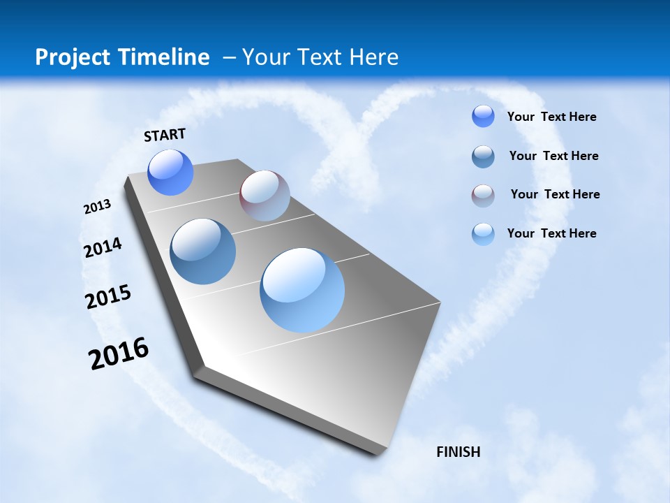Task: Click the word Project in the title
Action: tap(71, 57)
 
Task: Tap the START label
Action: tap(165, 135)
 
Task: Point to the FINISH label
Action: tap(459, 452)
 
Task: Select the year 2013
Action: tap(98, 207)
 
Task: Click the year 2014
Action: tap(103, 248)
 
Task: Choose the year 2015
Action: tap(108, 296)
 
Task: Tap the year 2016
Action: tap(119, 353)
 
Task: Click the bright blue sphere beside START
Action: tap(170, 172)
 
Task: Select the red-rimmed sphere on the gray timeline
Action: tap(265, 196)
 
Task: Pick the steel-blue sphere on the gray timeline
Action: tap(202, 251)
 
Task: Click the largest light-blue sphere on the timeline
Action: tap(302, 290)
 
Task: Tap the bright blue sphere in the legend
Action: tap(483, 116)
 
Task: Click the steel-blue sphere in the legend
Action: tap(483, 156)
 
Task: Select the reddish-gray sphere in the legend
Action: tap(483, 195)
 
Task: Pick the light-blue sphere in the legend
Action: tap(483, 233)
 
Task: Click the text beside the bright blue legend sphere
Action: tap(552, 117)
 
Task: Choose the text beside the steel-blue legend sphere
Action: tap(554, 156)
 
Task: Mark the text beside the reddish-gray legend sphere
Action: tap(556, 194)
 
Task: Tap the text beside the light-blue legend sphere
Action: tap(552, 233)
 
